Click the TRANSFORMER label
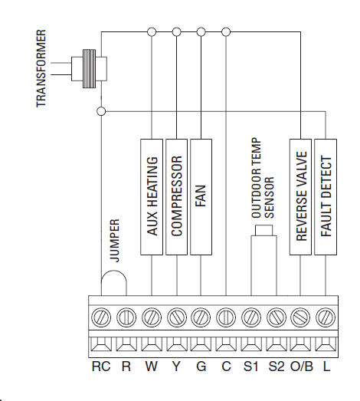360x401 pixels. (41, 68)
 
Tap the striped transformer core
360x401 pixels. (89, 69)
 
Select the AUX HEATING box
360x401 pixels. (152, 197)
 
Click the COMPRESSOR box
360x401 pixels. (176, 197)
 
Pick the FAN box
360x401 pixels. (201, 197)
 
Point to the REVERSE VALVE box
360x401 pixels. (300, 197)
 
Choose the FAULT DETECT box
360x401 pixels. (326, 197)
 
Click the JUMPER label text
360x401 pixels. (115, 241)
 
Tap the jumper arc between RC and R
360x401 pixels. (113, 271)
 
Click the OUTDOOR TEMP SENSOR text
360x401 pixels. (263, 178)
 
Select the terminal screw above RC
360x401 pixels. (101, 317)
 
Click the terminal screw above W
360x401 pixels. (152, 317)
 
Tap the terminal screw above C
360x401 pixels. (226, 317)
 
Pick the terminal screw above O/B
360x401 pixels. (300, 317)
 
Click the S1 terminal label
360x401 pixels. (251, 366)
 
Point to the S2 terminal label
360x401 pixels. (277, 366)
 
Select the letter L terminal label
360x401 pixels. (326, 366)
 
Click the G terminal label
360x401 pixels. (201, 366)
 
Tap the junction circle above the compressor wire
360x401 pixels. (176, 32)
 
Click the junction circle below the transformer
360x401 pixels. (101, 111)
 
